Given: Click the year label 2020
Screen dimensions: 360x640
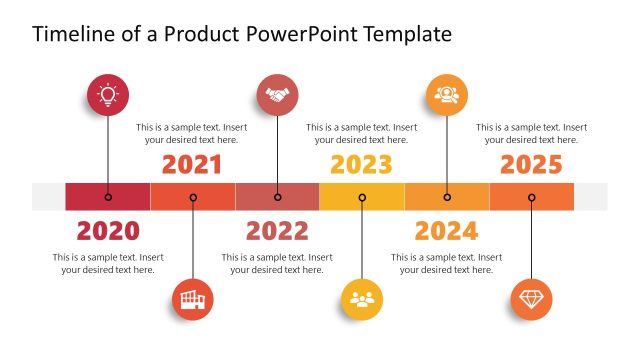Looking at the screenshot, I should (108, 232).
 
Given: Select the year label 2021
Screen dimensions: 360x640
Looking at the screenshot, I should (192, 165).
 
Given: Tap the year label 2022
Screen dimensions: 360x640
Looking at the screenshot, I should (277, 232).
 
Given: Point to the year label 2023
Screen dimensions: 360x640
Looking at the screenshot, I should (362, 165).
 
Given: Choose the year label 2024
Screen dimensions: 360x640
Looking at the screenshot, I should (446, 232).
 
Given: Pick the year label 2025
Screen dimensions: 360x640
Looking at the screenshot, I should (531, 165).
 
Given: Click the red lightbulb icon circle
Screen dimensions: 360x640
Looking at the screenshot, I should (108, 96).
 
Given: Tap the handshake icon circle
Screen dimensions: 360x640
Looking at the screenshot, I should (277, 96).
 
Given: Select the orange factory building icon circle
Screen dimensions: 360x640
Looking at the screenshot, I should (192, 299).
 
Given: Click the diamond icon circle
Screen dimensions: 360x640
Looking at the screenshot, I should (531, 299).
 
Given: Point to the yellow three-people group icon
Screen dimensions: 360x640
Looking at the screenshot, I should (362, 299).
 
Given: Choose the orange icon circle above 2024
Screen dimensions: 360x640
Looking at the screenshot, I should (446, 96).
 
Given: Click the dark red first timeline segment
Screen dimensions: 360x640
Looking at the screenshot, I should (108, 197).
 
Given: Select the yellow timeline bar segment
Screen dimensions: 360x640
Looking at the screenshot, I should (362, 197).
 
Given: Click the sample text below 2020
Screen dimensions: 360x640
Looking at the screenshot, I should (108, 263).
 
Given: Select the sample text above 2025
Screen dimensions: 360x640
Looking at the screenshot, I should (531, 133).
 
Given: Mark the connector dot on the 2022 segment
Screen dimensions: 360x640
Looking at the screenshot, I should (277, 197).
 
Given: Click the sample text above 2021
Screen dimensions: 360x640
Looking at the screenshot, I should (192, 133).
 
